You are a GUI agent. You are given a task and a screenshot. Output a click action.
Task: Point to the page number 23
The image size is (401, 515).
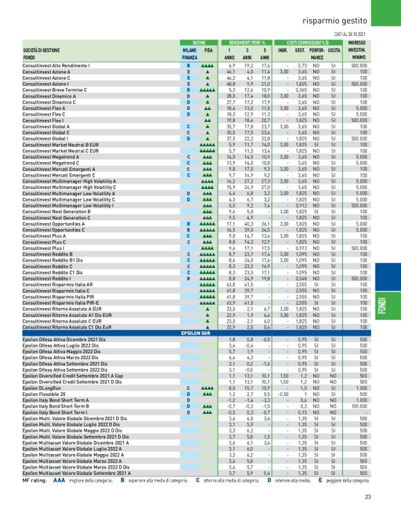(369, 496)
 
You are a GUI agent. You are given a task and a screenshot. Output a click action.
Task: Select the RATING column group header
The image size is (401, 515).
(199, 43)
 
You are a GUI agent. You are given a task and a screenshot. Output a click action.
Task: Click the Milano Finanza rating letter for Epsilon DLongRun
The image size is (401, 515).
(188, 389)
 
